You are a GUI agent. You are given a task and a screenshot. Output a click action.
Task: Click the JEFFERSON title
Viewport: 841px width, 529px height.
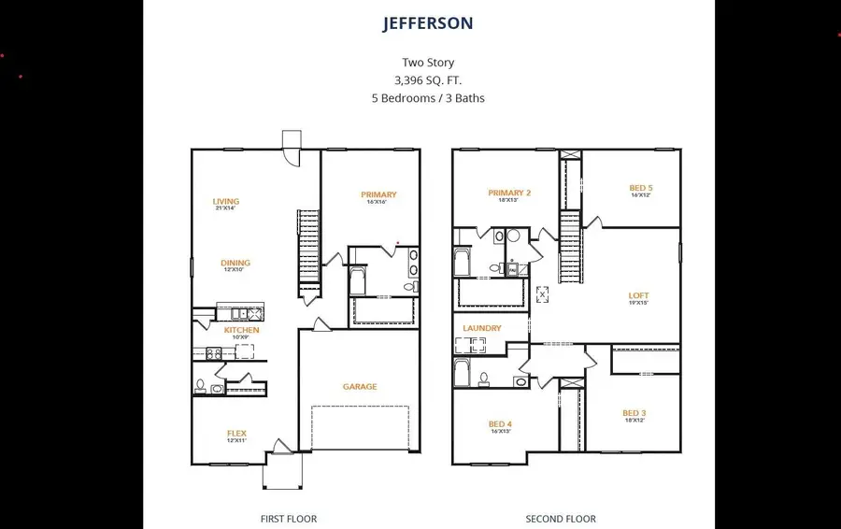(x=428, y=23)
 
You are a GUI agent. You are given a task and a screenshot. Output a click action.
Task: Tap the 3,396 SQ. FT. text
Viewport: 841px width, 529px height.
(x=428, y=80)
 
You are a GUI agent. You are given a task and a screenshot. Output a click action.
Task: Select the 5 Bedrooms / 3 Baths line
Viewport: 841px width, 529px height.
(x=428, y=98)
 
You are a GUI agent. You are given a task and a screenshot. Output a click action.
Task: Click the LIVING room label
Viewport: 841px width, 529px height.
(x=225, y=202)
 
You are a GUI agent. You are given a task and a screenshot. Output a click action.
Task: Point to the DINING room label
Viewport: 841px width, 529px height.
(x=235, y=264)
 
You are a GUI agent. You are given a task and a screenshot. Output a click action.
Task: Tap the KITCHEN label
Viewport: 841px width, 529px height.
(x=241, y=330)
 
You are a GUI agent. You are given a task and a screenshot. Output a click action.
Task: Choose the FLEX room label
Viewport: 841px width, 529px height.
(x=236, y=434)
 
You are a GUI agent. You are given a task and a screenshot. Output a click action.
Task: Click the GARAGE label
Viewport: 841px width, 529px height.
(x=360, y=387)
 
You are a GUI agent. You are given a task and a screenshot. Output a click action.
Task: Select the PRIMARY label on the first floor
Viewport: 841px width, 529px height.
(x=378, y=195)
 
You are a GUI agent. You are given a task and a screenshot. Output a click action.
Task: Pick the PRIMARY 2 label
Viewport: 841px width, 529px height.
(x=509, y=193)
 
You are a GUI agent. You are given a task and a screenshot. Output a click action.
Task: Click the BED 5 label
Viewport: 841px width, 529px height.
(x=640, y=189)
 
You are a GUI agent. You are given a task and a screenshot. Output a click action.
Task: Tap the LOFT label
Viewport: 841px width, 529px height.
(x=638, y=296)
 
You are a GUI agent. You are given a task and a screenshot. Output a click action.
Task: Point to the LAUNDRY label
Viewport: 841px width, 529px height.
(x=482, y=329)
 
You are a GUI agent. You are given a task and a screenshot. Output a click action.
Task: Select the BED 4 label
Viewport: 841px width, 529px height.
(x=500, y=424)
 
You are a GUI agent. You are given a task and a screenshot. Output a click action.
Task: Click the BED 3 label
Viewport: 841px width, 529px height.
(x=634, y=413)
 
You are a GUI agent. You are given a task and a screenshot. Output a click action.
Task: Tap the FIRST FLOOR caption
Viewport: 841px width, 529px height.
(x=289, y=519)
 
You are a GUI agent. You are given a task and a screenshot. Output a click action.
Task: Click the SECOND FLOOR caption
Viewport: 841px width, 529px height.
(x=561, y=519)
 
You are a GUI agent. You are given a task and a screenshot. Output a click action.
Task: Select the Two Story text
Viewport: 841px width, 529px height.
(x=428, y=63)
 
